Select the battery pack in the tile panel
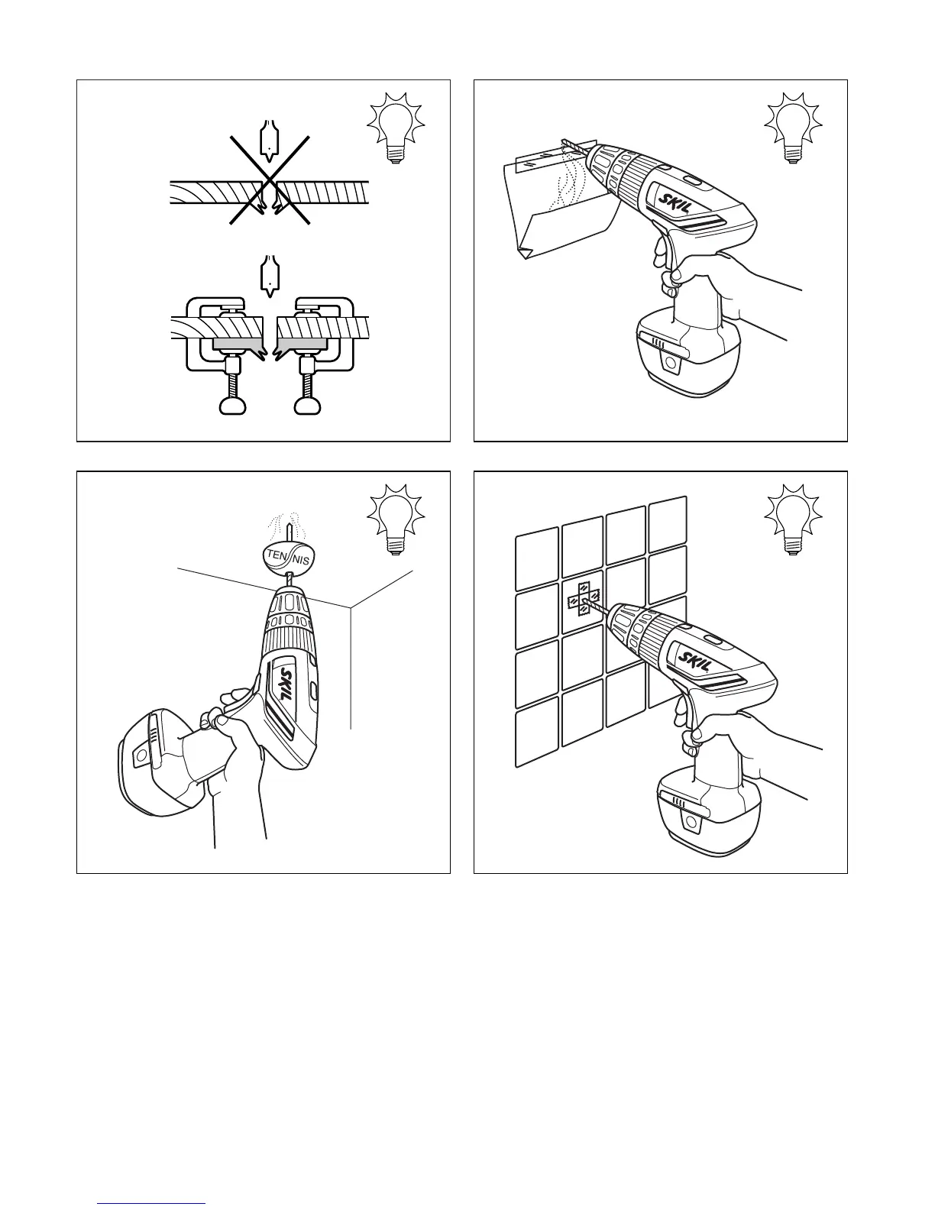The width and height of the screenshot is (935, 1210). tap(710, 807)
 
